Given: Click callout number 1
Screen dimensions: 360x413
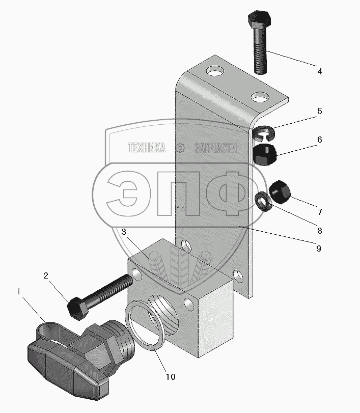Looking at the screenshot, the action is click(19, 292).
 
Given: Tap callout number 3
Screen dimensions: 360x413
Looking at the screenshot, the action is click(124, 232).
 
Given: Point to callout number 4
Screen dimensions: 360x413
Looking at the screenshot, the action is click(319, 71).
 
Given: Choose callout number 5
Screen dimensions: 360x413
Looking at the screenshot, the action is click(319, 111).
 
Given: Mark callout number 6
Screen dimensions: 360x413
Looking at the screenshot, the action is click(319, 140).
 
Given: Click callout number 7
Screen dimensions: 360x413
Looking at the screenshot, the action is click(319, 211).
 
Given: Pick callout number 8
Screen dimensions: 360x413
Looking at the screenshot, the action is click(319, 230).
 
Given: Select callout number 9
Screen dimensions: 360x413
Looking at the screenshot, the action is click(319, 249).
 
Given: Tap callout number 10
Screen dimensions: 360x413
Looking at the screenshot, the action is click(170, 377).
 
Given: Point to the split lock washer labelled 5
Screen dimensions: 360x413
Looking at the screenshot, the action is click(264, 133).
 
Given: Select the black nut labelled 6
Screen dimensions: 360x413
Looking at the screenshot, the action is click(265, 154).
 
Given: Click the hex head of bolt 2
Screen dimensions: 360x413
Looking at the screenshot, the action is click(77, 308).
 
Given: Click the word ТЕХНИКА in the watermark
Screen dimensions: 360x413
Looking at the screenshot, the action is click(147, 148).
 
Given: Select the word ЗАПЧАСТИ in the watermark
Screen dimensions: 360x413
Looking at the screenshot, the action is click(216, 148).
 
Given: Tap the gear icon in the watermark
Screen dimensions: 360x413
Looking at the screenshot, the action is click(180, 148).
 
